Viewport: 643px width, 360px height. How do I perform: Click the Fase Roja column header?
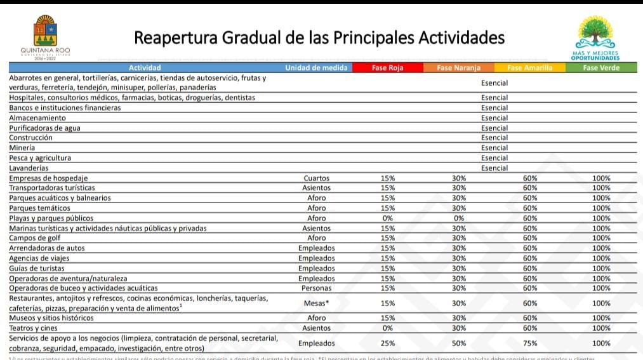pyautogui.click(x=387, y=68)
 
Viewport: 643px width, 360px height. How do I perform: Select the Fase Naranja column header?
pyautogui.click(x=458, y=68)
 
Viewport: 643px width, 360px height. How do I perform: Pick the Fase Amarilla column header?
pyautogui.click(x=529, y=68)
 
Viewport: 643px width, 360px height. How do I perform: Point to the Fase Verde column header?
pyautogui.click(x=600, y=68)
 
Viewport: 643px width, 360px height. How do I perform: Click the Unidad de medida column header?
pyautogui.click(x=316, y=68)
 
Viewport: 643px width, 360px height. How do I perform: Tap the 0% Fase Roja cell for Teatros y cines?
pyautogui.click(x=387, y=328)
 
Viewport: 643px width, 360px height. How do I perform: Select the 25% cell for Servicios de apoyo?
pyautogui.click(x=387, y=343)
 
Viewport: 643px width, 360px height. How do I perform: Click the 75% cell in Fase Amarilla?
pyautogui.click(x=529, y=343)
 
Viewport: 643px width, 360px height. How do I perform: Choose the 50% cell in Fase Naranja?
pyautogui.click(x=458, y=343)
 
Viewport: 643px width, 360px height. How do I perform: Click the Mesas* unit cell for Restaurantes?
pyautogui.click(x=316, y=303)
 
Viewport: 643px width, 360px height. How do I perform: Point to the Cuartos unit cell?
pyautogui.click(x=316, y=178)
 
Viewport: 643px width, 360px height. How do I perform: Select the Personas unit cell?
pyautogui.click(x=316, y=288)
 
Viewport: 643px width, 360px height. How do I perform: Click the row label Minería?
pyautogui.click(x=22, y=148)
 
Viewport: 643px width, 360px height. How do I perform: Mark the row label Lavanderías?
pyautogui.click(x=29, y=168)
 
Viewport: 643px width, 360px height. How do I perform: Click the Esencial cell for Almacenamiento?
pyautogui.click(x=494, y=118)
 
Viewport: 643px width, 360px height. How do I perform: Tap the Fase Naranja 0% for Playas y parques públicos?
pyautogui.click(x=458, y=218)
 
